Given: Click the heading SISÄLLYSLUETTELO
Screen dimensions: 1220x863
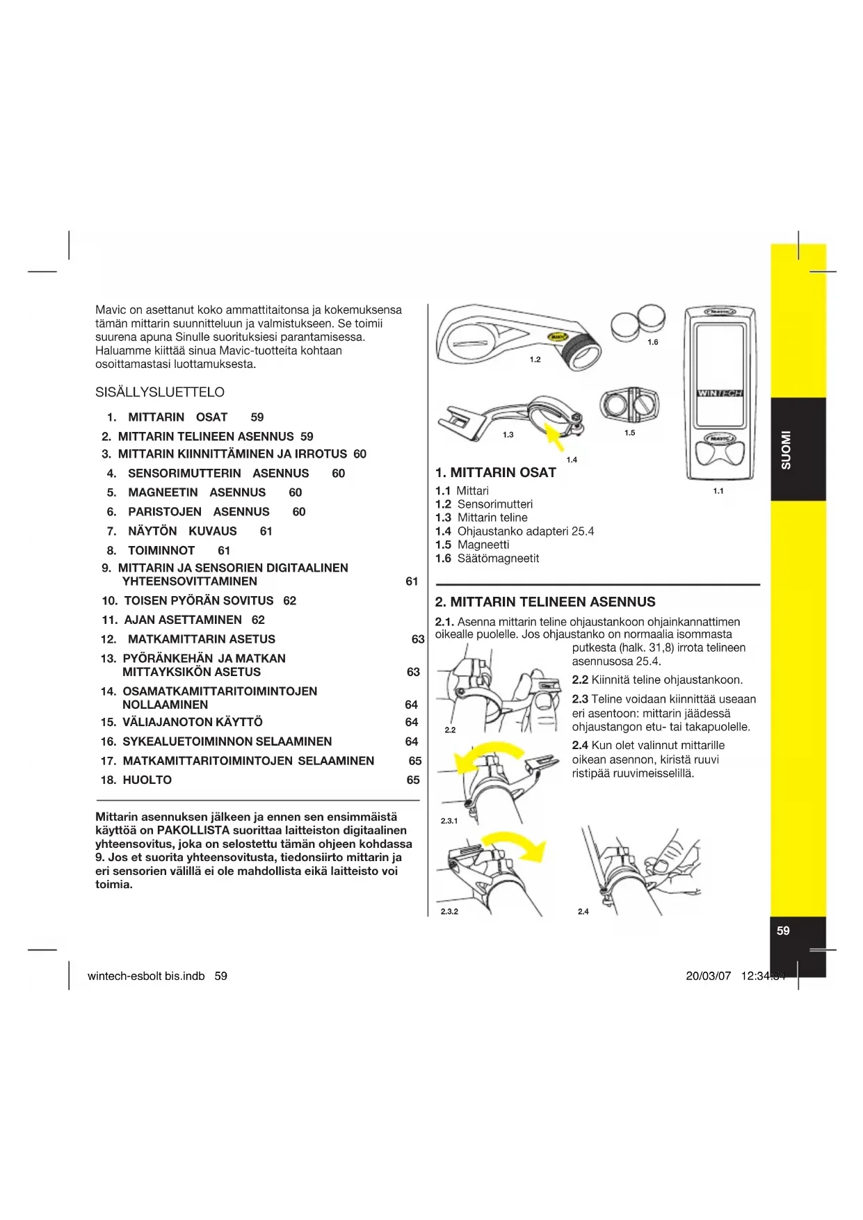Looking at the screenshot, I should tap(160, 392).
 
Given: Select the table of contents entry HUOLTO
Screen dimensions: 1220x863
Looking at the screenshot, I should tap(147, 780).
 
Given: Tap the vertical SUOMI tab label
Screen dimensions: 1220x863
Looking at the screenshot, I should tap(786, 450).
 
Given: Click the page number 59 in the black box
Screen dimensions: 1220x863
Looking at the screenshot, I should tap(783, 931).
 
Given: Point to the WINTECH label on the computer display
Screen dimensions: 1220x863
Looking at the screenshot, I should tap(720, 393).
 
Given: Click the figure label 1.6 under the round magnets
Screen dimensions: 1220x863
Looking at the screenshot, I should tap(652, 342).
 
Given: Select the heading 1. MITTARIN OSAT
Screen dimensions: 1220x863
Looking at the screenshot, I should tap(495, 473).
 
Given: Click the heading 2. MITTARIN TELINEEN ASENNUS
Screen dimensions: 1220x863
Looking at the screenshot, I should tap(545, 602).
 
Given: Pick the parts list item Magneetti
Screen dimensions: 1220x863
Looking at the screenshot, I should tap(483, 545).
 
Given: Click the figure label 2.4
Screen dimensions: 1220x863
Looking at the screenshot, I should tap(583, 911).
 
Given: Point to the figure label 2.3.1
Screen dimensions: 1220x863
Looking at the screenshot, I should tap(449, 821).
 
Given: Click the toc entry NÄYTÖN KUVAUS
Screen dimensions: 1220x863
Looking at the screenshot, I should tap(182, 531).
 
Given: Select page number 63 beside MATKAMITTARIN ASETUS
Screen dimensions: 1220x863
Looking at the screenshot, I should tap(417, 639).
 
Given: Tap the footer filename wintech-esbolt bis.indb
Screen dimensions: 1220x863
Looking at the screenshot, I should tap(146, 976).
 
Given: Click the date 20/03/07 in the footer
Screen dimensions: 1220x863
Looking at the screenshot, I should tap(708, 976).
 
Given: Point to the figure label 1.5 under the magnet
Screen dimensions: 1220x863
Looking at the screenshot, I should tap(629, 433).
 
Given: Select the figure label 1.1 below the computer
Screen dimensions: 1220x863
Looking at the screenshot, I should tap(718, 491).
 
